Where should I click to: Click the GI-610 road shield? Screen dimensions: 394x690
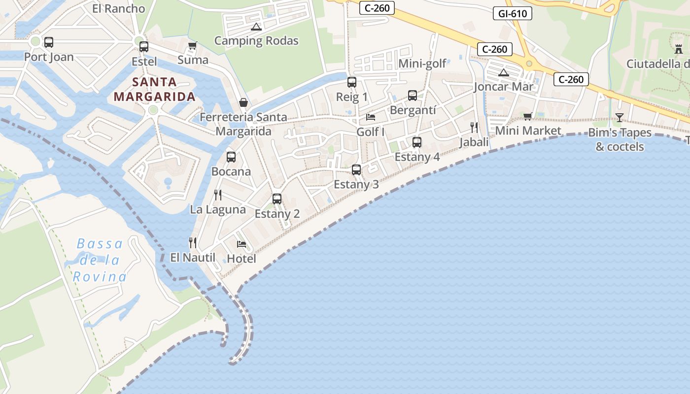click(513, 13)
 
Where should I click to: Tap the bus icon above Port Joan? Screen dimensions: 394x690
click(49, 42)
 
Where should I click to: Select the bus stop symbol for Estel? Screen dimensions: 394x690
click(144, 47)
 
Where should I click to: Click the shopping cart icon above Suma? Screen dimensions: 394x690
click(193, 46)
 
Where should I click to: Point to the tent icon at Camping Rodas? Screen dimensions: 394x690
click(256, 27)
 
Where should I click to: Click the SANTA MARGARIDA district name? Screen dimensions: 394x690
click(155, 89)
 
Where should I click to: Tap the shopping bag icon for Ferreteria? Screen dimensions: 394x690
click(243, 102)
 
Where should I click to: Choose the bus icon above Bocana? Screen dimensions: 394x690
click(231, 157)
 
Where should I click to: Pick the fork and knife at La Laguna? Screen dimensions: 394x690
click(218, 195)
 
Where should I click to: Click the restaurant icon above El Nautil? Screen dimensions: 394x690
click(193, 243)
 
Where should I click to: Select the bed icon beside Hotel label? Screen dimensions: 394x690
click(241, 244)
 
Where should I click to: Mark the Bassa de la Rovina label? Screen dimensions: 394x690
click(100, 260)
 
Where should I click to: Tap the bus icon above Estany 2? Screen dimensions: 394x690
click(277, 199)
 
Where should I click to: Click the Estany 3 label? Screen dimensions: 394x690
click(356, 185)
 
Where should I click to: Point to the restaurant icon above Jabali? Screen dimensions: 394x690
click(474, 128)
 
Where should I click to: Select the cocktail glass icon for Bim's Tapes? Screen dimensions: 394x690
click(620, 118)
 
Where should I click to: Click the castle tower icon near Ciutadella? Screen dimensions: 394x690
click(679, 49)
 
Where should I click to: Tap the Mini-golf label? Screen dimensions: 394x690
click(422, 64)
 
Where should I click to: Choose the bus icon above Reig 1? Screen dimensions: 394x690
click(352, 82)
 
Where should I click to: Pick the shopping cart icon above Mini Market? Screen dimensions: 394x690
click(528, 117)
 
